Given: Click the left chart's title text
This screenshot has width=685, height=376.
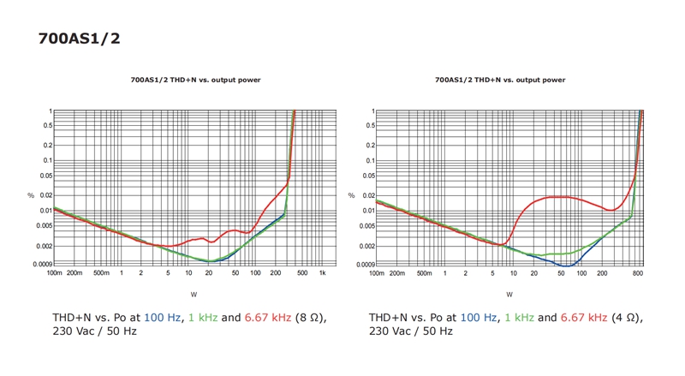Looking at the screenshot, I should (195, 80).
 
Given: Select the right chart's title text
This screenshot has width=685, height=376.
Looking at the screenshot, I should (500, 80).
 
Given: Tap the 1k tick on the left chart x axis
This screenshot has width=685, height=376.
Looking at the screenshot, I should (322, 273).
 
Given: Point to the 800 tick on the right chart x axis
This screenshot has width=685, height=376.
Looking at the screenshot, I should (637, 273).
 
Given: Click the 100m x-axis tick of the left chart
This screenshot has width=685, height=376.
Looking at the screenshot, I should (54, 273).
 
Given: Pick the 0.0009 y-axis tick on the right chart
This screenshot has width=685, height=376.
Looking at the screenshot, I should (366, 264).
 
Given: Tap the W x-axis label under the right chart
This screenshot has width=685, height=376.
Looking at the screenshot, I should (509, 294).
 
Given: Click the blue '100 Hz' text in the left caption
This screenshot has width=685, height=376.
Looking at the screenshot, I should (163, 318).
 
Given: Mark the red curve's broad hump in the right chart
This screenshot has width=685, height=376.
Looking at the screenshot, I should (560, 197).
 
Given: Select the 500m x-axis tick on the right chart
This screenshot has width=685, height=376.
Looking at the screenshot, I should (424, 273).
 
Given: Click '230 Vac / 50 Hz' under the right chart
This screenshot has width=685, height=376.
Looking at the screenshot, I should (411, 331).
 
